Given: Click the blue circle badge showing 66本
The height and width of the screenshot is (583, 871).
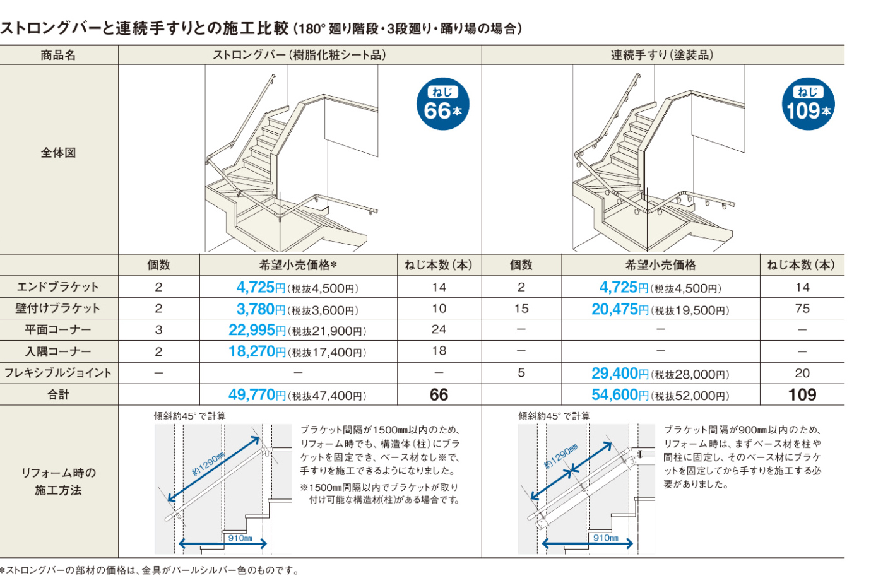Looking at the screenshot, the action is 442,103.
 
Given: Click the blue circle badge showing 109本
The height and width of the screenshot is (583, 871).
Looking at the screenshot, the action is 808,103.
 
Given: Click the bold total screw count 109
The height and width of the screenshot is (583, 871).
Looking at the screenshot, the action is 802,395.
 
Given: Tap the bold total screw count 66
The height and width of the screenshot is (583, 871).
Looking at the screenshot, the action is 439,395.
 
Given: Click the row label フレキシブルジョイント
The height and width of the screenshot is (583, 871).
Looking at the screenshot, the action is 58,373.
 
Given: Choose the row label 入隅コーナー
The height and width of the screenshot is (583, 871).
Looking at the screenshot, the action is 58,351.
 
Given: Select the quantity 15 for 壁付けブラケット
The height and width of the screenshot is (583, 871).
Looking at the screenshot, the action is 521,309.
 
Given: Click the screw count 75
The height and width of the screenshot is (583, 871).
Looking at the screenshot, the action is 802,309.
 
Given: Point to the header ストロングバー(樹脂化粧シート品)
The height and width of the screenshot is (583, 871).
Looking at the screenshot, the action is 299,55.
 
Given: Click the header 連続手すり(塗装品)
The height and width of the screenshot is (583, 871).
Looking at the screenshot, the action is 662,55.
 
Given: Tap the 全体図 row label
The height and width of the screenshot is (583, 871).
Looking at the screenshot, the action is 58,152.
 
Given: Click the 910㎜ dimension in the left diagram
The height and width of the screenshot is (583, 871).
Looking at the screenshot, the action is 240,538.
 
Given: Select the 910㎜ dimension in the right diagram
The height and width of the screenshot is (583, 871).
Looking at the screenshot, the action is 605,538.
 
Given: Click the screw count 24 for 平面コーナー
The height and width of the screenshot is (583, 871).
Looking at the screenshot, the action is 439,329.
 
